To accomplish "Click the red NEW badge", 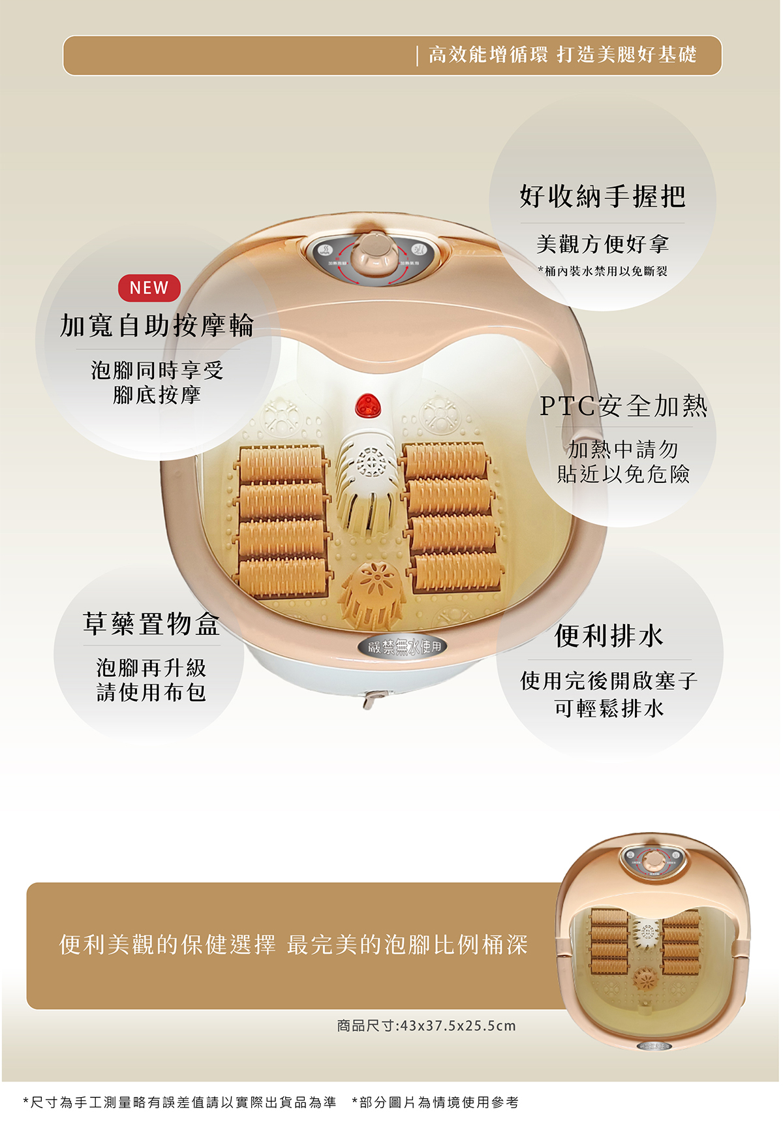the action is tap(149, 288).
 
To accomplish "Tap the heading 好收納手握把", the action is tap(602, 196).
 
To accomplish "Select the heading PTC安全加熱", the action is tap(623, 406).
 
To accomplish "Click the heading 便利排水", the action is tap(609, 636).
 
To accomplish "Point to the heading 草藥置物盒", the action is tap(151, 624).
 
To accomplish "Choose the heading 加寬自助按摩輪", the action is tap(157, 326).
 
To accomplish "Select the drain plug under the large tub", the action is tap(371, 700).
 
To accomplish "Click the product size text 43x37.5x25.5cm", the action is tap(426, 1025).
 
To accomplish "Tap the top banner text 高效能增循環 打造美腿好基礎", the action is tap(562, 55).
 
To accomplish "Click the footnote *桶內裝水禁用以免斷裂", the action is tap(602, 271).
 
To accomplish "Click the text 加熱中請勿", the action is tap(623, 449).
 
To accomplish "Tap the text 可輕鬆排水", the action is tap(609, 708).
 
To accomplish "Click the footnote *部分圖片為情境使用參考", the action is tap(435, 1102).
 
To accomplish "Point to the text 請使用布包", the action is tap(151, 692).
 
